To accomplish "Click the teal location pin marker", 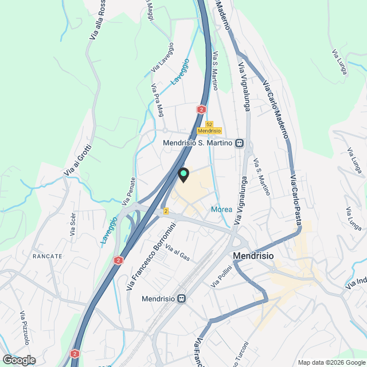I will [183, 174].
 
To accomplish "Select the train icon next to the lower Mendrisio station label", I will [182, 298].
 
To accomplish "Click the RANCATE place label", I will [47, 256].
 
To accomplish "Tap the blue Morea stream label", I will [221, 209].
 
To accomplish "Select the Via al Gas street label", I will [177, 252].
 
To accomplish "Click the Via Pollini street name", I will [221, 276].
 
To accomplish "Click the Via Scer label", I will [72, 224].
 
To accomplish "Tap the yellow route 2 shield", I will [166, 211].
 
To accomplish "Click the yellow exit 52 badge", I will [209, 124].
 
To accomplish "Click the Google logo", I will [18, 360].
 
